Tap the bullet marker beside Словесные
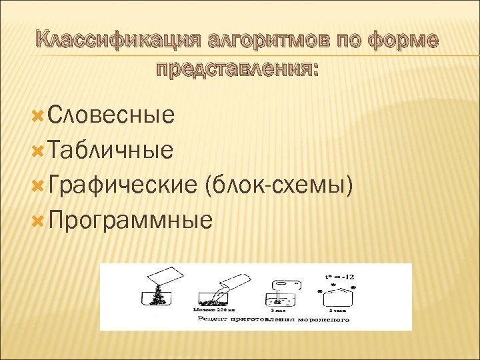pyautogui.click(x=39, y=115)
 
